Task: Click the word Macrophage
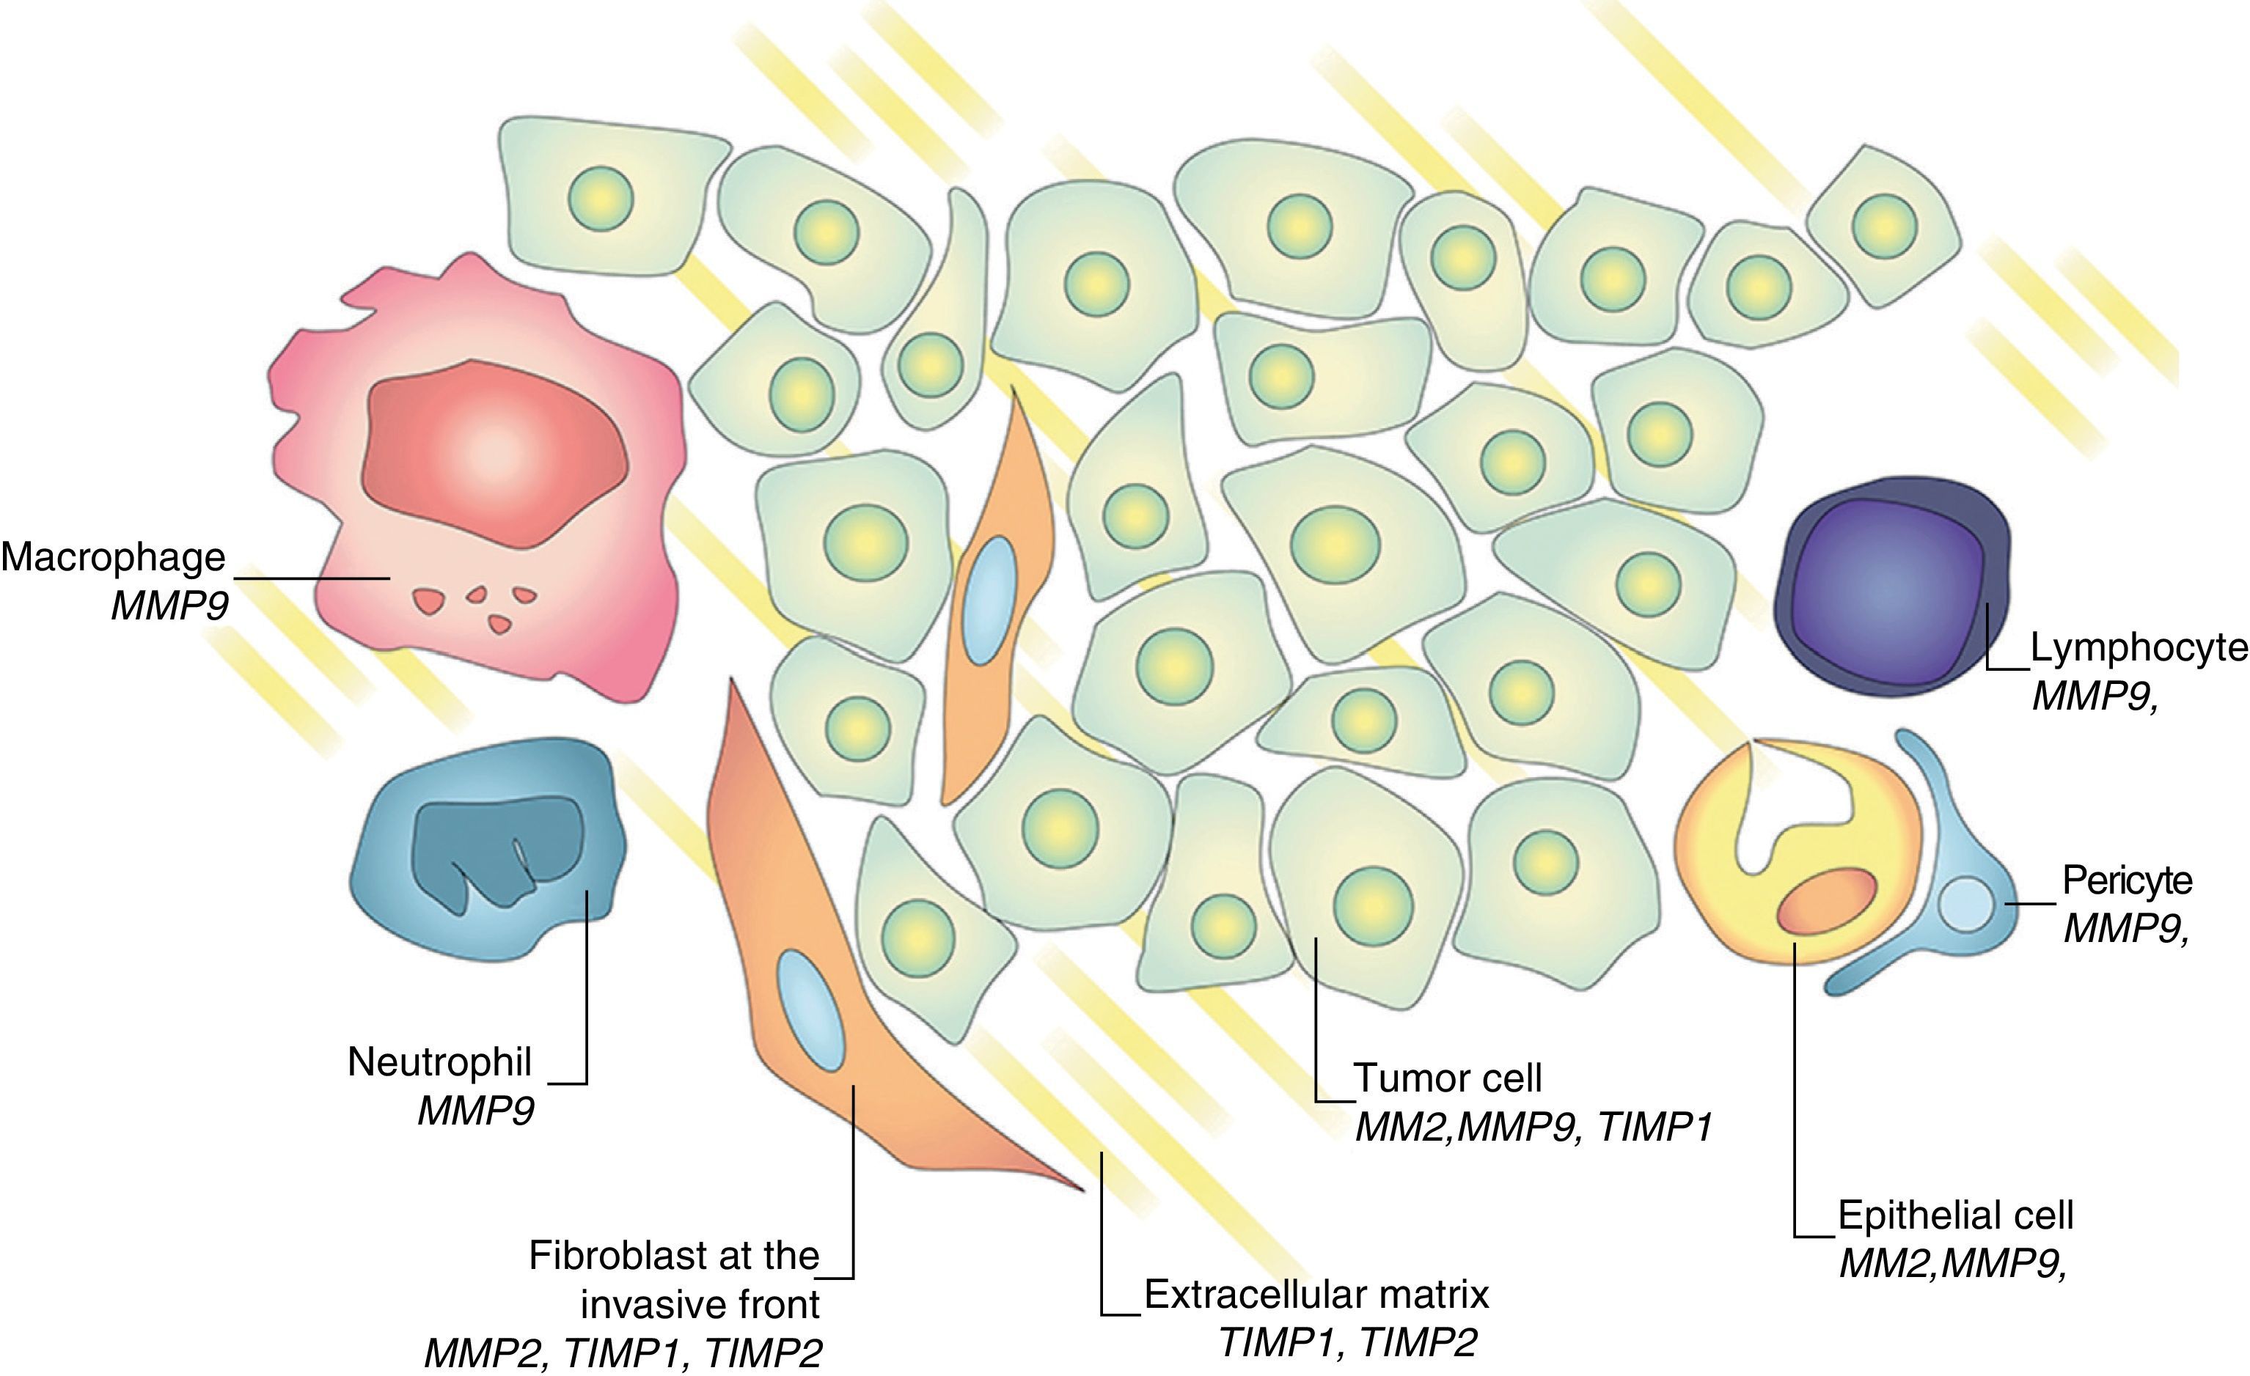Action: (x=113, y=557)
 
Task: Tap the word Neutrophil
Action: (x=439, y=1062)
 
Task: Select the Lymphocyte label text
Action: (x=2139, y=647)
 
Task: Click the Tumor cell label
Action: (x=1448, y=1078)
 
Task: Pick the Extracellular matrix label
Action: (x=1316, y=1295)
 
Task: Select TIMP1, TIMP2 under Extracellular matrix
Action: (x=1348, y=1343)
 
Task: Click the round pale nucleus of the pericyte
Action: (x=1964, y=905)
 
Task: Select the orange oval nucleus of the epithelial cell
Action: (x=1826, y=902)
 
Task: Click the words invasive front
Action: (x=700, y=1305)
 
